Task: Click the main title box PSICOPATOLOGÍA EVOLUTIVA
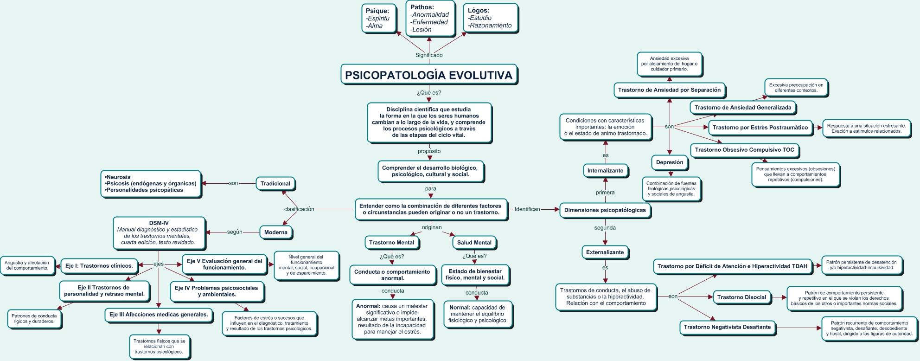[429, 75]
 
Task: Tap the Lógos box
[490, 18]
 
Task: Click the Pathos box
[429, 19]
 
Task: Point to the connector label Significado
[429, 55]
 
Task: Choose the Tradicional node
[275, 184]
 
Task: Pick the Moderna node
[276, 232]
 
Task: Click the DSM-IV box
[159, 233]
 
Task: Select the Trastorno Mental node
[391, 242]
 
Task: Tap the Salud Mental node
[474, 242]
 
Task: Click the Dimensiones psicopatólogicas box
[605, 210]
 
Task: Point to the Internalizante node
[605, 171]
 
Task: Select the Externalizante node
[605, 252]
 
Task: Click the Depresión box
[669, 162]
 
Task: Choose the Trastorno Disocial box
[741, 297]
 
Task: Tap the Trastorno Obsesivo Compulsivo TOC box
[744, 150]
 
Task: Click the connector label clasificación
[299, 209]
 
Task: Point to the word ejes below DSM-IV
[159, 264]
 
